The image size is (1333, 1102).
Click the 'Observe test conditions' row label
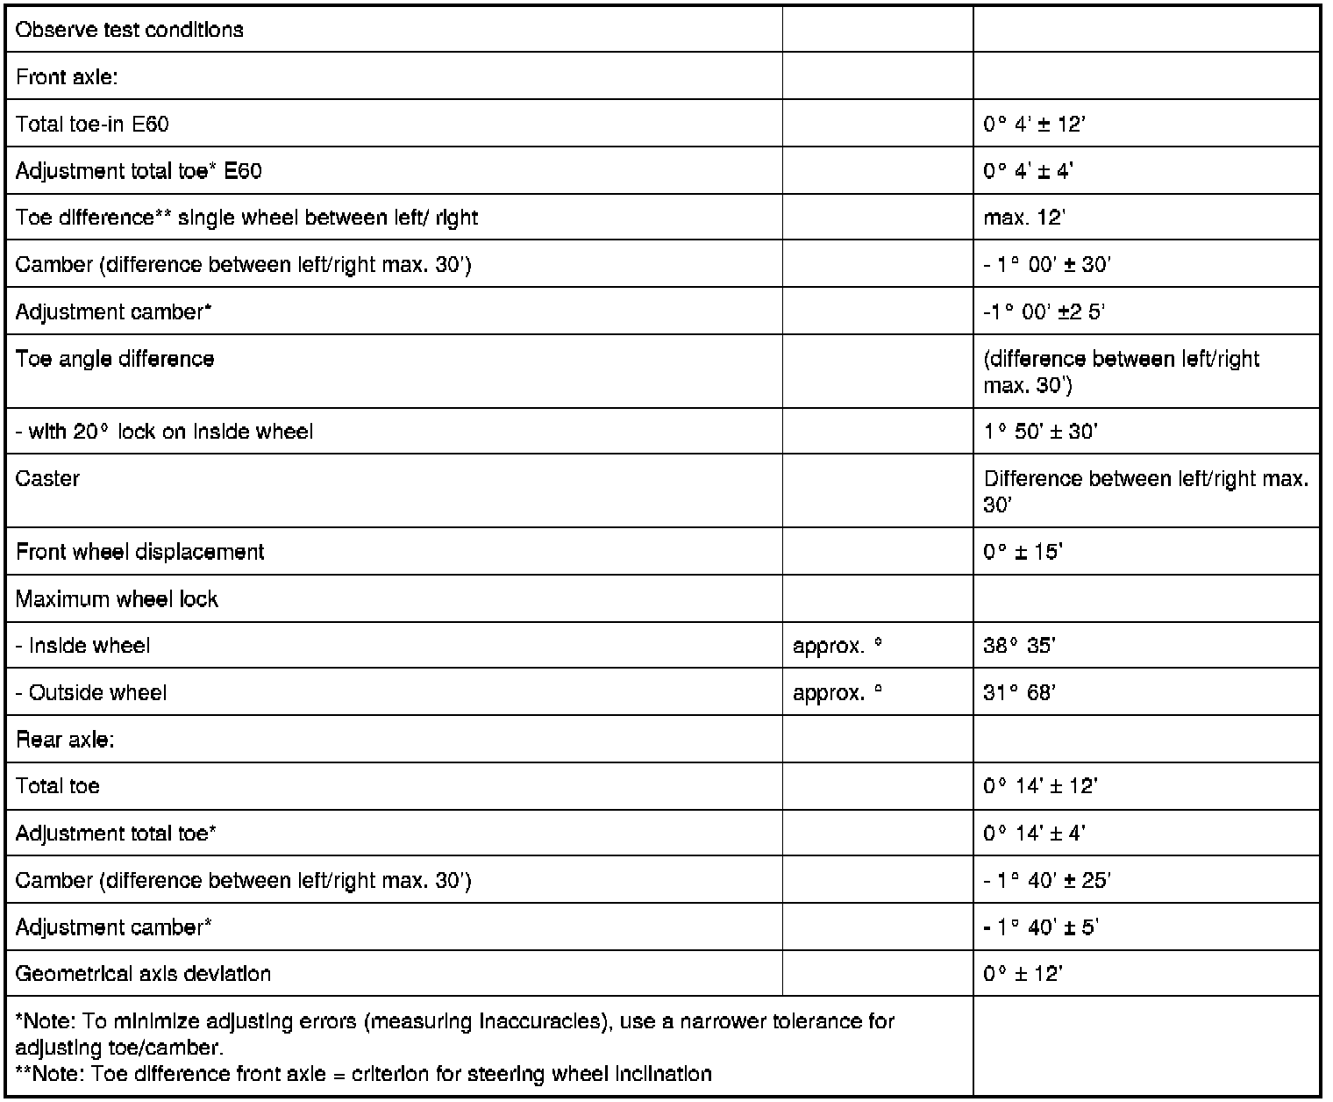click(130, 30)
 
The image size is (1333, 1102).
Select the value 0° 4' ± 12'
click(1034, 124)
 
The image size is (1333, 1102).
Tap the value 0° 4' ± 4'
click(1028, 171)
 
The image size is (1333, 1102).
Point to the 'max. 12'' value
click(1023, 218)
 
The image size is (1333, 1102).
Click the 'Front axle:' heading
click(67, 77)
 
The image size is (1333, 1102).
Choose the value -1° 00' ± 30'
click(1046, 265)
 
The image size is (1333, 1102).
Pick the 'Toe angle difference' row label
click(115, 359)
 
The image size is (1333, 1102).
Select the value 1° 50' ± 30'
click(1041, 431)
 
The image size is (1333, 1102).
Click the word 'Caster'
click(47, 478)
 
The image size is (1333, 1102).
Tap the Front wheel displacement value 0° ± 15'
click(1023, 552)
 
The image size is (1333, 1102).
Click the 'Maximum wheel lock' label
click(117, 599)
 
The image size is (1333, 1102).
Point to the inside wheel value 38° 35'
click(1019, 646)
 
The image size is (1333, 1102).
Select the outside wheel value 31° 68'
click(1019, 693)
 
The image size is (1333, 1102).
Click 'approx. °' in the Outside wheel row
click(837, 693)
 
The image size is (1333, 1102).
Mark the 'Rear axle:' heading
click(65, 740)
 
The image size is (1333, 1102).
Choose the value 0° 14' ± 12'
click(1040, 786)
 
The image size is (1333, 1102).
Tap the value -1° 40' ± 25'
click(1046, 880)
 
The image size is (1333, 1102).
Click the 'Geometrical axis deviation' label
click(143, 974)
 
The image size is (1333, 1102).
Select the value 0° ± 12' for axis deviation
click(1023, 974)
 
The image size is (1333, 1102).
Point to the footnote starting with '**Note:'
click(364, 1074)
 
